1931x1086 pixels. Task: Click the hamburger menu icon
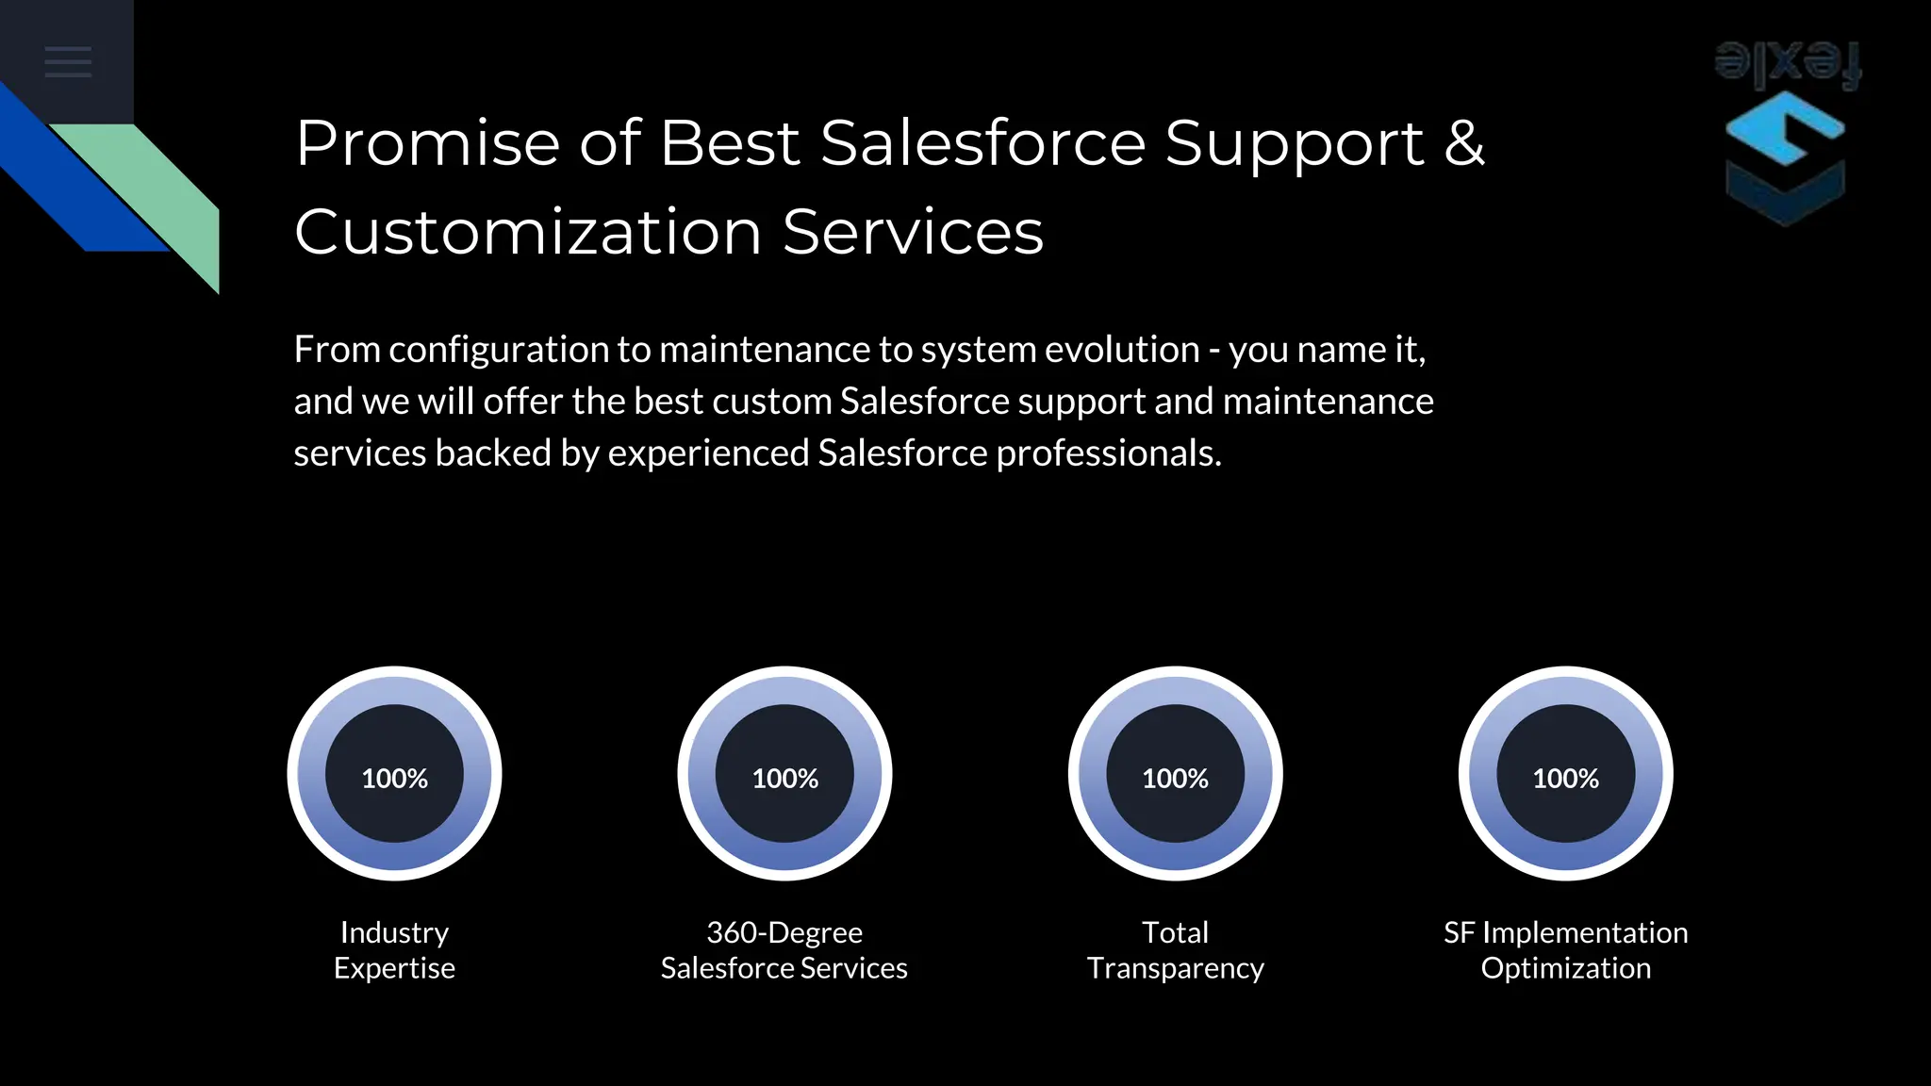click(68, 62)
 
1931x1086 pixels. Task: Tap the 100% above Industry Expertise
click(394, 778)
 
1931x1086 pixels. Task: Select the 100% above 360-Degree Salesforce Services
click(784, 778)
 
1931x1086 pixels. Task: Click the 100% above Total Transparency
click(1175, 778)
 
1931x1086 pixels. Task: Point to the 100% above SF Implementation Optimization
click(1565, 778)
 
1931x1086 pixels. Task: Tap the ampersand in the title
click(1463, 144)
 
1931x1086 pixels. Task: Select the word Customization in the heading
click(528, 233)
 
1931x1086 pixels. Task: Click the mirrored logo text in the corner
click(1788, 64)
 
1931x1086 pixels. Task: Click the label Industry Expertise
click(394, 950)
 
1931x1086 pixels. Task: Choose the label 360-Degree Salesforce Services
click(784, 950)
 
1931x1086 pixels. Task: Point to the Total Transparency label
click(1175, 950)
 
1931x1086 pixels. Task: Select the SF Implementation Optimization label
click(1565, 950)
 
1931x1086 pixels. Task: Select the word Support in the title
click(1294, 144)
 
